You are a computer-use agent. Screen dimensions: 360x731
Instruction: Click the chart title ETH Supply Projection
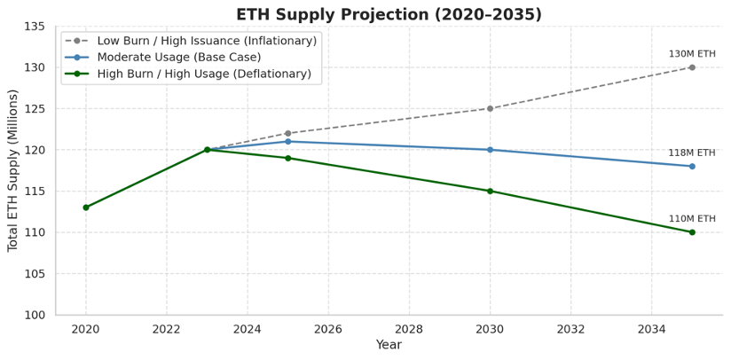click(389, 14)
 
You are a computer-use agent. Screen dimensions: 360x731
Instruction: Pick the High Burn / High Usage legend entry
click(203, 74)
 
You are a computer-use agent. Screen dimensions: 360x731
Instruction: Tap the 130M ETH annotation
click(692, 54)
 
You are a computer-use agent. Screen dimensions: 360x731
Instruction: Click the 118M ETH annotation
click(692, 153)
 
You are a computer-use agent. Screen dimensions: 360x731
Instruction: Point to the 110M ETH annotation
click(692, 219)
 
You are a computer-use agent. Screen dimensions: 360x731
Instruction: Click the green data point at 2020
click(86, 207)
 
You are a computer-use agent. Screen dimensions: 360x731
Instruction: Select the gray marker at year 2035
click(692, 67)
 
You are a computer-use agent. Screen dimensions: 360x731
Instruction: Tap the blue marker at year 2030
click(490, 150)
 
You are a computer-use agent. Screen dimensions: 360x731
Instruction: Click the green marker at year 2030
click(490, 191)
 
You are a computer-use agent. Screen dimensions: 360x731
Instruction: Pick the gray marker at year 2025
click(288, 133)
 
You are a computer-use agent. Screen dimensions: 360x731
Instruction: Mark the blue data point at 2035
click(692, 166)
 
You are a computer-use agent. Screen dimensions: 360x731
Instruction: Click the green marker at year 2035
click(692, 232)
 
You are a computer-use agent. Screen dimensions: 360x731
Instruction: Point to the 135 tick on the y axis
click(34, 27)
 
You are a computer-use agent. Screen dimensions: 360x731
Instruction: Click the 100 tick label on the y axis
click(34, 315)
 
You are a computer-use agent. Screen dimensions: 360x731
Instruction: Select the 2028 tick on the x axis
click(409, 329)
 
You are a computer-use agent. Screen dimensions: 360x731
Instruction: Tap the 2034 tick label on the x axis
click(651, 329)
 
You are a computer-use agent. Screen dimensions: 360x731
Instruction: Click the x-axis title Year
click(389, 345)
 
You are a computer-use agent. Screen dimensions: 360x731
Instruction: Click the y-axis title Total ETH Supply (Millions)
click(12, 170)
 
